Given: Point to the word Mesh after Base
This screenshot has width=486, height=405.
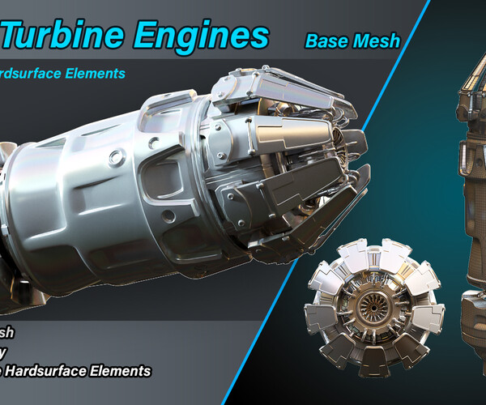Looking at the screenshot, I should [x=376, y=40].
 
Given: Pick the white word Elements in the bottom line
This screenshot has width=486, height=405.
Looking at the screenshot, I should [x=123, y=371].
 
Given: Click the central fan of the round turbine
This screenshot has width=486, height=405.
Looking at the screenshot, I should [x=374, y=309].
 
